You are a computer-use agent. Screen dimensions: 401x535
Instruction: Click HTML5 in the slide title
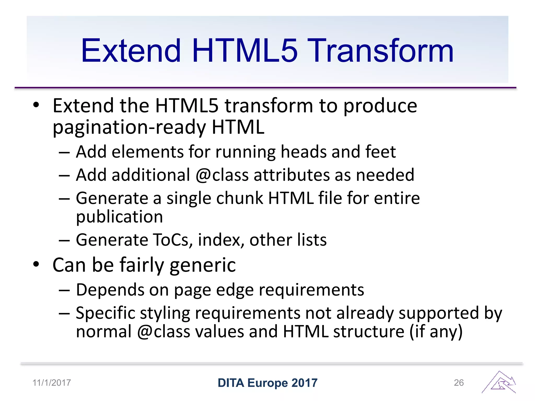click(245, 51)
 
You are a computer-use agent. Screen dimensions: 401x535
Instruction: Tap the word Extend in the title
click(131, 51)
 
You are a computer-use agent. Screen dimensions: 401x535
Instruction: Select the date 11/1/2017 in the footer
click(51, 383)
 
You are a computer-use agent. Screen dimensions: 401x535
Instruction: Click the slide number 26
click(459, 383)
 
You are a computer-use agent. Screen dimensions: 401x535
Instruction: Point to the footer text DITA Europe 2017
click(267, 383)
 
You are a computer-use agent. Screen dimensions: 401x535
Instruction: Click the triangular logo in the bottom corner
click(499, 382)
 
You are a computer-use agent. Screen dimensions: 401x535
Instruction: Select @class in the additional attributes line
click(222, 175)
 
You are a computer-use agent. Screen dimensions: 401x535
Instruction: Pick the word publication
click(119, 217)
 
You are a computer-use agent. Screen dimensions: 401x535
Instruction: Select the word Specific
click(105, 313)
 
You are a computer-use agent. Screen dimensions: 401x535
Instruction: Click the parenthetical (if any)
click(436, 332)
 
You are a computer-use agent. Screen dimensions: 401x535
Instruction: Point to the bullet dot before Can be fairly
click(36, 264)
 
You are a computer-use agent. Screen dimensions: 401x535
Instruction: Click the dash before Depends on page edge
click(64, 290)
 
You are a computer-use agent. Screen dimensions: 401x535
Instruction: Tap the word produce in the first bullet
click(380, 106)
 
